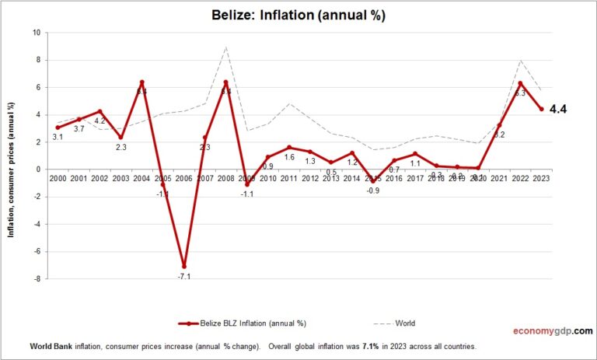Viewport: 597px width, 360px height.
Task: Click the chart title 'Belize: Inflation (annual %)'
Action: (x=298, y=15)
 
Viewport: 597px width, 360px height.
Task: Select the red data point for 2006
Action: (x=183, y=266)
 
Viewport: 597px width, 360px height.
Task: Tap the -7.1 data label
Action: (x=183, y=277)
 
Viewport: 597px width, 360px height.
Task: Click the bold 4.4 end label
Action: (x=558, y=110)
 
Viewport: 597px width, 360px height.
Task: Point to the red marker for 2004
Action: (x=141, y=82)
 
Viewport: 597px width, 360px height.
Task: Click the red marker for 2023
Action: (x=541, y=109)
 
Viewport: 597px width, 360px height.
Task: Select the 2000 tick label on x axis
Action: (x=58, y=178)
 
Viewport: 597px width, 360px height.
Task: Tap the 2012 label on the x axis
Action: (x=309, y=178)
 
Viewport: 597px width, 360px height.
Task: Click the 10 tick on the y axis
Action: (x=37, y=33)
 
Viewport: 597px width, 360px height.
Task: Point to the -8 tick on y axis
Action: (x=37, y=279)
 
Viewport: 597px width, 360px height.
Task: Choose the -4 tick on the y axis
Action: (x=37, y=224)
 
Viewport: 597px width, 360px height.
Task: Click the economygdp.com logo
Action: (x=551, y=330)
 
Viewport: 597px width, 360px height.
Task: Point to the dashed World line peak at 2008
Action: (x=225, y=47)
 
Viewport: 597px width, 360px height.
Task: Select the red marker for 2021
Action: (x=499, y=125)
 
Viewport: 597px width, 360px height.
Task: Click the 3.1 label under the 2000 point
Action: (x=58, y=138)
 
